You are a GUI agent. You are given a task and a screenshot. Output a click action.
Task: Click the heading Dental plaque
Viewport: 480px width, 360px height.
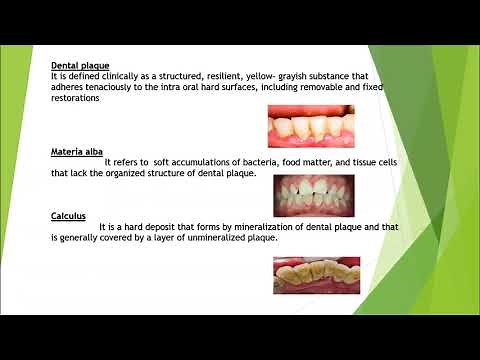[80, 65]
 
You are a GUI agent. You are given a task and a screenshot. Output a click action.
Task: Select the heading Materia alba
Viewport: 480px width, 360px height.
[78, 151]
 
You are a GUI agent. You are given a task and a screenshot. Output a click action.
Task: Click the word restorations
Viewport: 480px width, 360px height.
[80, 98]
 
